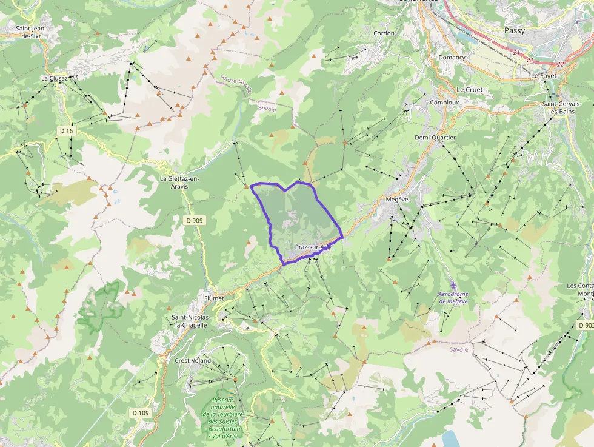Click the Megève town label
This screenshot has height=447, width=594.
click(397, 199)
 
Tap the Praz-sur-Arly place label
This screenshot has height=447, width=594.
click(313, 247)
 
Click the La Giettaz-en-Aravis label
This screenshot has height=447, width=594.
click(179, 183)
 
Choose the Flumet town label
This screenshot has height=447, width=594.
click(214, 298)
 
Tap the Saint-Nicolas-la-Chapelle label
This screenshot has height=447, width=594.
click(192, 321)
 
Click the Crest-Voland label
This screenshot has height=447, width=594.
click(193, 360)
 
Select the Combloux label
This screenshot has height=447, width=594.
click(444, 103)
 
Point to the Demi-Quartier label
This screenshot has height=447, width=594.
click(435, 138)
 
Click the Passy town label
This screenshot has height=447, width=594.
click(515, 30)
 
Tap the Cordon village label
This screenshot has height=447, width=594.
click(384, 33)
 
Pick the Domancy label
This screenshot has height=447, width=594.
click(452, 58)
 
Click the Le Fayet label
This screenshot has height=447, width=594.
click(543, 76)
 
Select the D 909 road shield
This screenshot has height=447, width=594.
click(194, 220)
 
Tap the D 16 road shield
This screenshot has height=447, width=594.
click(67, 131)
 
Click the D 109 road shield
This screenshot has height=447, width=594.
click(140, 413)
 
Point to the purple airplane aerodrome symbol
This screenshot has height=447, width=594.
click(454, 284)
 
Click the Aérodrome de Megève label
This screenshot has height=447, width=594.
click(454, 297)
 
